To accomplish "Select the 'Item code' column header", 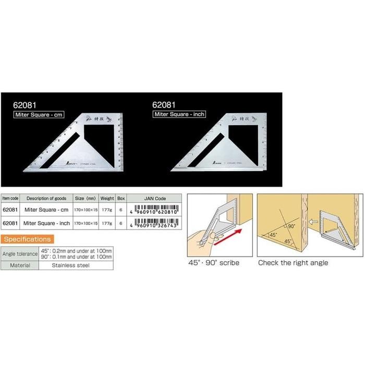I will pos(10,199).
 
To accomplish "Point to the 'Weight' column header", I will pos(107,199).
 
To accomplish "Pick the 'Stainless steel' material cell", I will pos(71,265).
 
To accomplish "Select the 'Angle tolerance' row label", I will pos(20,254).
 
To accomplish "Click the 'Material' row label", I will pos(20,265).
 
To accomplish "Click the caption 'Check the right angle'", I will pos(293,263).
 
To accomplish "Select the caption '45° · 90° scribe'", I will pos(214,263).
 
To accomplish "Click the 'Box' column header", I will pos(121,199).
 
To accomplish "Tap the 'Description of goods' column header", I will pos(45,199).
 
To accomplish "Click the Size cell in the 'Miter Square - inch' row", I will pos(85,223).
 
